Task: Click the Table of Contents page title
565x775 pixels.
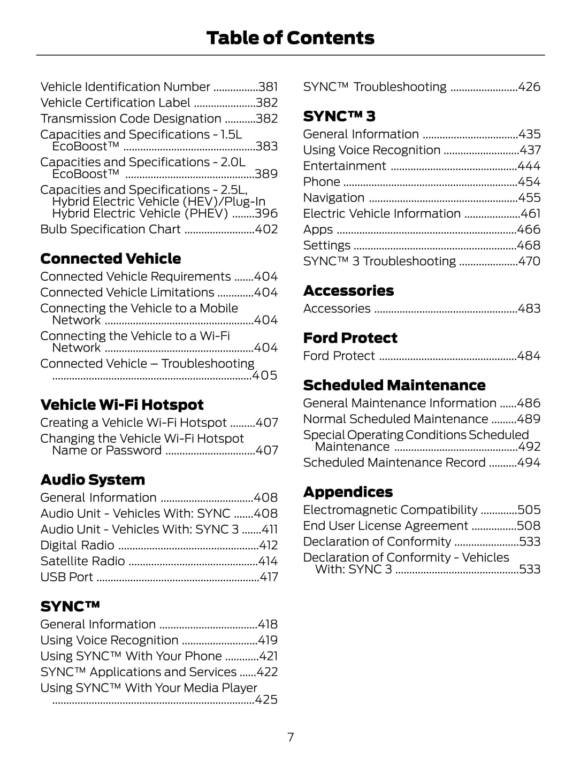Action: point(290,38)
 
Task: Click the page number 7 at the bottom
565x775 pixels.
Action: point(291,737)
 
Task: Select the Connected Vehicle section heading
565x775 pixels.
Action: point(111,259)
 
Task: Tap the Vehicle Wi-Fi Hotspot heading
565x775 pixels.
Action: point(122,405)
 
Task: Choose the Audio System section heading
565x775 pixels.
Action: point(93,480)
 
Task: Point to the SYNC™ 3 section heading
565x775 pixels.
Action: point(339,116)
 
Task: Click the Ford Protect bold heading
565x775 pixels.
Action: point(350,338)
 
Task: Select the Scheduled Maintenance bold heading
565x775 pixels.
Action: point(394,385)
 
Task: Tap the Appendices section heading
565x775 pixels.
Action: point(348,492)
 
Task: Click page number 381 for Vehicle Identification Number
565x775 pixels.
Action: point(268,87)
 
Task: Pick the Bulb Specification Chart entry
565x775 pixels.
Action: point(110,229)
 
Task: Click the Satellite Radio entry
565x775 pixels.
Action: point(82,561)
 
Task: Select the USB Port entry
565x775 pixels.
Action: point(66,577)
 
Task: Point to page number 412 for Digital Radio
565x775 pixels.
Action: point(268,546)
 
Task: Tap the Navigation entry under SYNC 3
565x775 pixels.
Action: point(333,198)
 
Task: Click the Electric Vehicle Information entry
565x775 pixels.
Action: point(381,214)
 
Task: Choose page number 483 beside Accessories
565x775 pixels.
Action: point(529,309)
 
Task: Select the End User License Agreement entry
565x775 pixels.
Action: point(385,526)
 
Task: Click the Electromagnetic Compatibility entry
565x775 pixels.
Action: point(390,510)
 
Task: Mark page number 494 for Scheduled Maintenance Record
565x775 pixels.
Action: point(529,463)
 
